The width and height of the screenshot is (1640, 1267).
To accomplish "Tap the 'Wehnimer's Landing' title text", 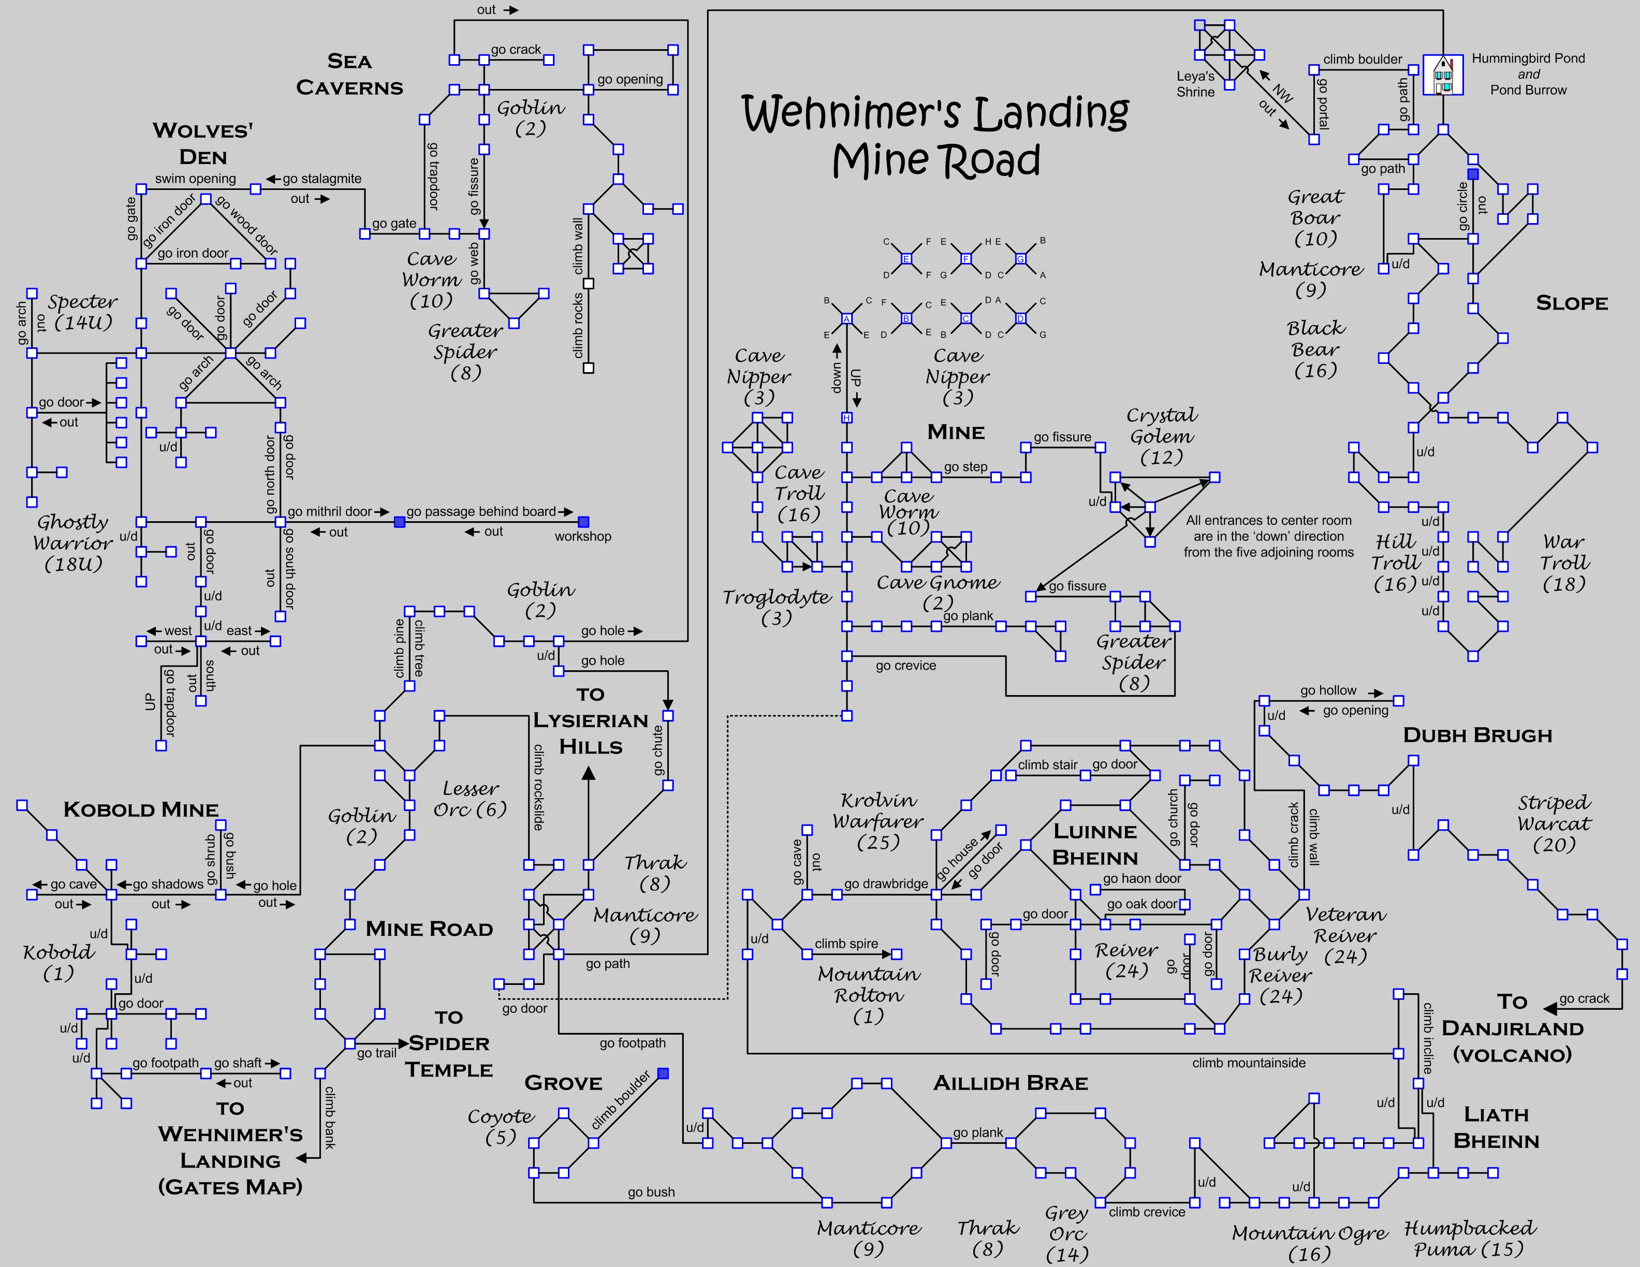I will (935, 113).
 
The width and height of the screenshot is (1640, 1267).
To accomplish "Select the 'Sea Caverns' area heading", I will (349, 75).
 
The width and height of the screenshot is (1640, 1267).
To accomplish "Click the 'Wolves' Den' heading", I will (203, 143).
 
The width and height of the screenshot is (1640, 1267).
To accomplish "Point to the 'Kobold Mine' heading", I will (141, 809).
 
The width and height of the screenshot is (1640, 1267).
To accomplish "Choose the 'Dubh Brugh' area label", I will (1477, 735).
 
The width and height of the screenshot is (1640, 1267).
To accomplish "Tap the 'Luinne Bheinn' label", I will (1095, 845).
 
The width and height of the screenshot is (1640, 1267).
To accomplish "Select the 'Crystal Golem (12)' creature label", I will (1161, 436).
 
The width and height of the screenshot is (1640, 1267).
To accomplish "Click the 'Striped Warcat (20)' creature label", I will (1553, 823).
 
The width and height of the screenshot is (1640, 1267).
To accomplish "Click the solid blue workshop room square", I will (583, 522).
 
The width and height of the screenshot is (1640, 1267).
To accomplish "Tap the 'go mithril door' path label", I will (330, 511).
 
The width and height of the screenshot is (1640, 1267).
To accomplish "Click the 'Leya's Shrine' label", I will (1195, 84).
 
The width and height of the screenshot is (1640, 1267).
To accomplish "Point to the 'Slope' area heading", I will (1571, 303).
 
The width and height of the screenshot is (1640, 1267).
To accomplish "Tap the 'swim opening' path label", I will (195, 179).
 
